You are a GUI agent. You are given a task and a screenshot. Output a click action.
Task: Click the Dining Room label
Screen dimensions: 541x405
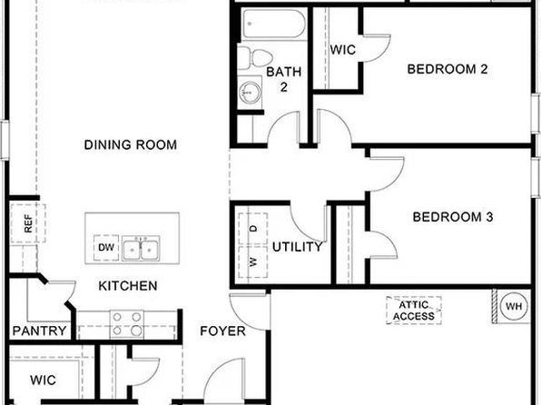tap(131, 144)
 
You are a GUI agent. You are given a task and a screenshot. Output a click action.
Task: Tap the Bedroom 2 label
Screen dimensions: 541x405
tap(448, 69)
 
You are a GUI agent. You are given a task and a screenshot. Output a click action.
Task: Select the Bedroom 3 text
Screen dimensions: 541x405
tap(453, 217)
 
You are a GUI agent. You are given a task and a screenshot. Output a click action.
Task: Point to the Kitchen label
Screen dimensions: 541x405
tap(128, 286)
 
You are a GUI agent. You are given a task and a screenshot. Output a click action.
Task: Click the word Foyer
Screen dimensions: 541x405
tap(223, 331)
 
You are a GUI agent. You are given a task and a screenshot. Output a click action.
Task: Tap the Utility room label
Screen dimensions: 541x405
tap(298, 247)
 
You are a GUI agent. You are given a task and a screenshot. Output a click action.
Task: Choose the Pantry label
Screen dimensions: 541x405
tap(39, 331)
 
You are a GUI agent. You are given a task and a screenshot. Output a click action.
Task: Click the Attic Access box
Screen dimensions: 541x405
tap(414, 311)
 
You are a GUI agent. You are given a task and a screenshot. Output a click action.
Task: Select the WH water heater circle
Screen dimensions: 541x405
tap(514, 306)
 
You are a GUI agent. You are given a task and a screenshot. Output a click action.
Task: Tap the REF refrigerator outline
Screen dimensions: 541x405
tap(28, 223)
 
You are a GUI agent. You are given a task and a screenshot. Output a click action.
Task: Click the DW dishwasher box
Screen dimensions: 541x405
tap(106, 248)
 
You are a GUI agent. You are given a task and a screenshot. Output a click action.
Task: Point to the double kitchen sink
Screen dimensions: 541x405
tap(141, 248)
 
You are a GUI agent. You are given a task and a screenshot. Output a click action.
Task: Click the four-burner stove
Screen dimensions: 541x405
tap(126, 324)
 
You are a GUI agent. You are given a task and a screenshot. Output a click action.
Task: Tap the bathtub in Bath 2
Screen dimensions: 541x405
tap(274, 24)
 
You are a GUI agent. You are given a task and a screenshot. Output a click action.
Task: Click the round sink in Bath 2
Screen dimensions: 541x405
tap(250, 93)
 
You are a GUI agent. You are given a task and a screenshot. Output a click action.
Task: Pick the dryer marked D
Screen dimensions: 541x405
tap(253, 229)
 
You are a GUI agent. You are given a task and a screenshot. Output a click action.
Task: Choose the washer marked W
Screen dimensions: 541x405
tap(253, 262)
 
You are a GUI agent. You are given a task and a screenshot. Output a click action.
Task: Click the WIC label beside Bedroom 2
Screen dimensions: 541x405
tap(342, 50)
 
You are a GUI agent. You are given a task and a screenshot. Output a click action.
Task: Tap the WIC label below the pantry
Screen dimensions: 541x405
tap(43, 380)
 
